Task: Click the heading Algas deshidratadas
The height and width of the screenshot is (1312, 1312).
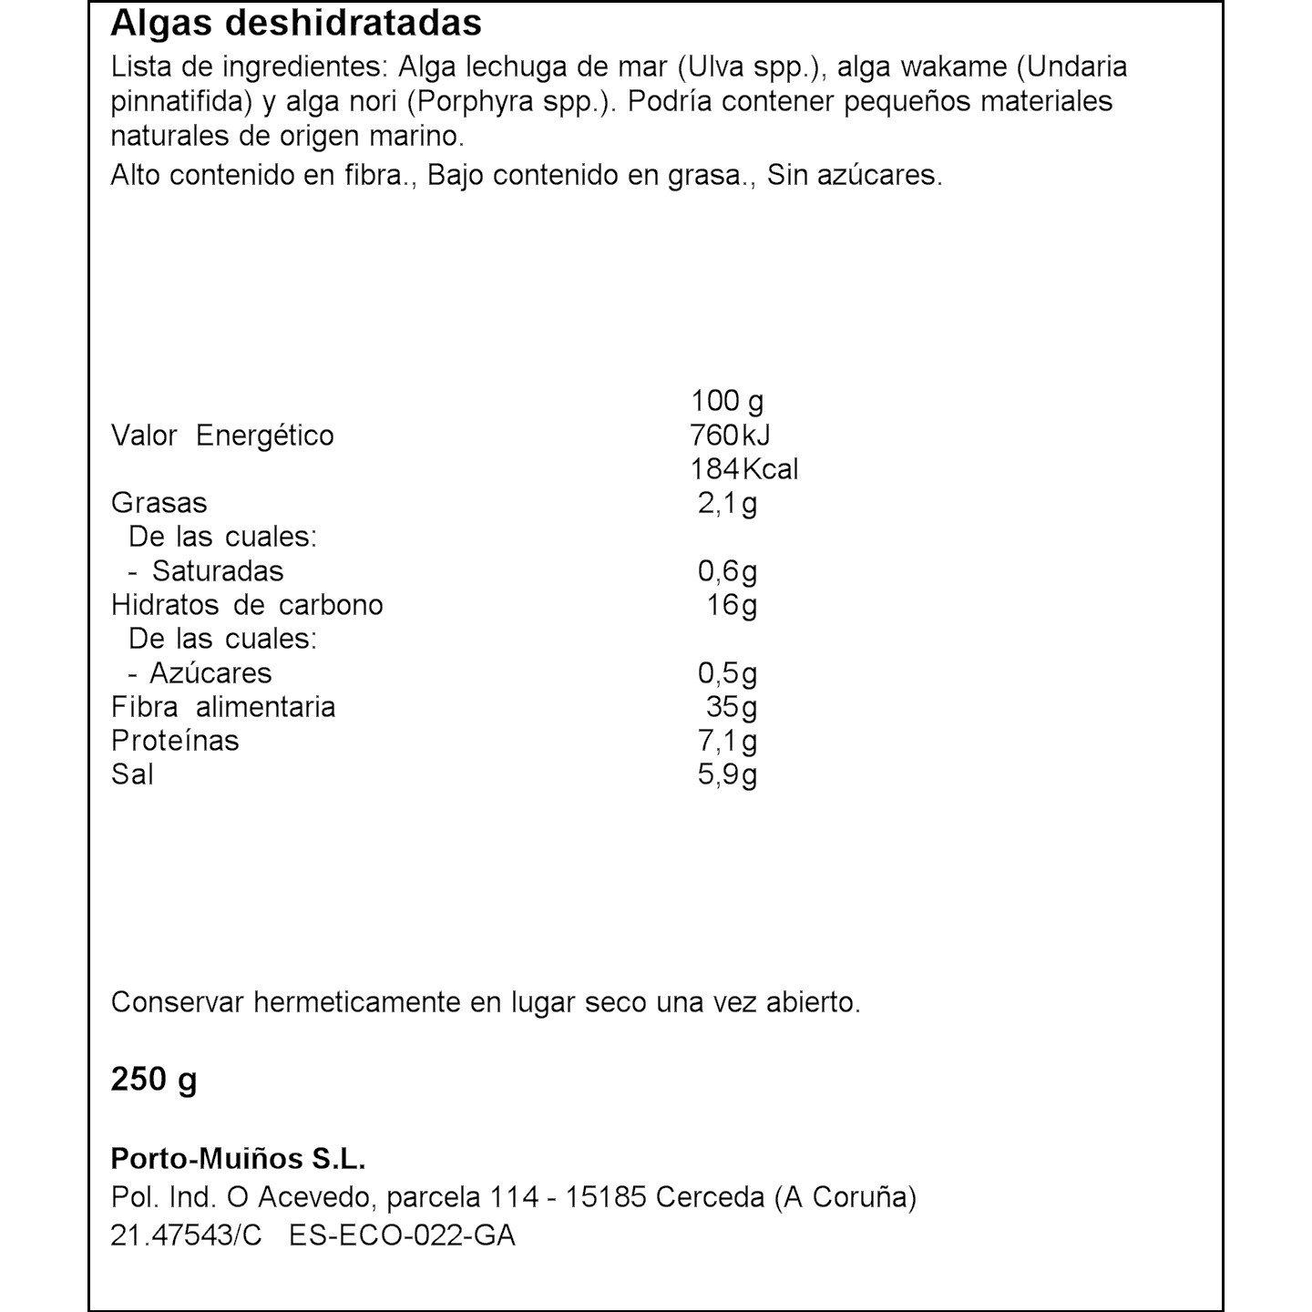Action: tap(296, 24)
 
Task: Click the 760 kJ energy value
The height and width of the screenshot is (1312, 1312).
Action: tap(731, 436)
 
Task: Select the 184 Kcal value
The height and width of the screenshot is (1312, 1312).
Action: tap(743, 469)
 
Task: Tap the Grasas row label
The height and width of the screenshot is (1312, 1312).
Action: tap(159, 503)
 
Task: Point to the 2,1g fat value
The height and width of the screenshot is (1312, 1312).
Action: tap(727, 503)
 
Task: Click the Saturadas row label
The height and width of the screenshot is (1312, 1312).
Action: tap(217, 571)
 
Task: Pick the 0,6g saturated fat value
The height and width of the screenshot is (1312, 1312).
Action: tap(727, 571)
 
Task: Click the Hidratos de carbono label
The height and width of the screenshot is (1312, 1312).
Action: tap(247, 605)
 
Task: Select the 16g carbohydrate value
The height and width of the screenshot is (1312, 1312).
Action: tap(732, 605)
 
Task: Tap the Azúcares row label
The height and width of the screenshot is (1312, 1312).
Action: tap(210, 673)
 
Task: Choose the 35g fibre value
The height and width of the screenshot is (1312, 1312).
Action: tap(732, 707)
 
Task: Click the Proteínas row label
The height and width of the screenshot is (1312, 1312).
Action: tap(175, 741)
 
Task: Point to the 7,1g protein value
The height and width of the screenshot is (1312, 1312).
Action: tap(727, 741)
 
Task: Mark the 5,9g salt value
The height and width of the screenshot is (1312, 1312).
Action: tap(727, 774)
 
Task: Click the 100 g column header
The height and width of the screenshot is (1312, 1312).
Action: tap(727, 401)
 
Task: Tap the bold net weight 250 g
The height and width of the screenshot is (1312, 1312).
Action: tap(154, 1080)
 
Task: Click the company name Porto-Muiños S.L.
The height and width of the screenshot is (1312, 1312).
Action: tap(238, 1159)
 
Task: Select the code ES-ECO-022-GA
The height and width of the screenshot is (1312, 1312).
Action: tap(402, 1235)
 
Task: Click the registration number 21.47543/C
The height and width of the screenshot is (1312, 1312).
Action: tap(186, 1235)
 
